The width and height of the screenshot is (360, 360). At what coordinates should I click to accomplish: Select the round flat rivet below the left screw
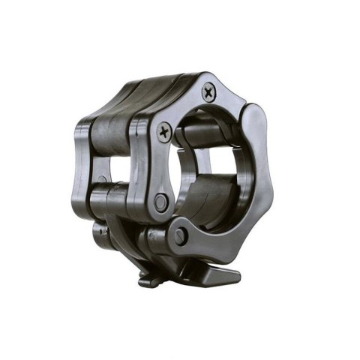160,202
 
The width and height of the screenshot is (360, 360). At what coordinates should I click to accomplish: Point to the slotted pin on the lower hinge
180,235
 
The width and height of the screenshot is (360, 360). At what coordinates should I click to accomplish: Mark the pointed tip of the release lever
238,275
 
